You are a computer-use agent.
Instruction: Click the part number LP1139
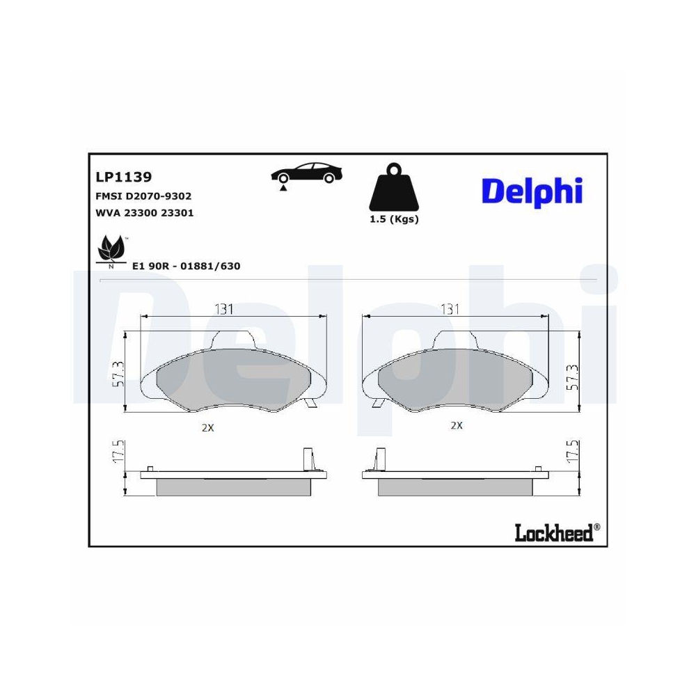click(x=123, y=178)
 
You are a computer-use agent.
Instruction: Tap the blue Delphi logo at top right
click(x=532, y=191)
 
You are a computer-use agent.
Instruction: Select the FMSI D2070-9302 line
click(x=143, y=197)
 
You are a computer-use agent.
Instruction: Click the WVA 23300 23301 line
click(x=143, y=213)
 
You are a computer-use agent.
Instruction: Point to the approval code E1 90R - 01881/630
click(x=186, y=266)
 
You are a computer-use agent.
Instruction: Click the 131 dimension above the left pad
click(x=223, y=309)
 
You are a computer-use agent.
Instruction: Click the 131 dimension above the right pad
click(x=450, y=309)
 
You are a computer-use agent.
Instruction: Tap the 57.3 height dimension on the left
click(x=118, y=374)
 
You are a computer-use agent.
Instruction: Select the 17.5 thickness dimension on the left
click(x=118, y=452)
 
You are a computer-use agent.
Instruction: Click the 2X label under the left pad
click(x=207, y=428)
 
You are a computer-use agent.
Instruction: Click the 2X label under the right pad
click(x=456, y=425)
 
